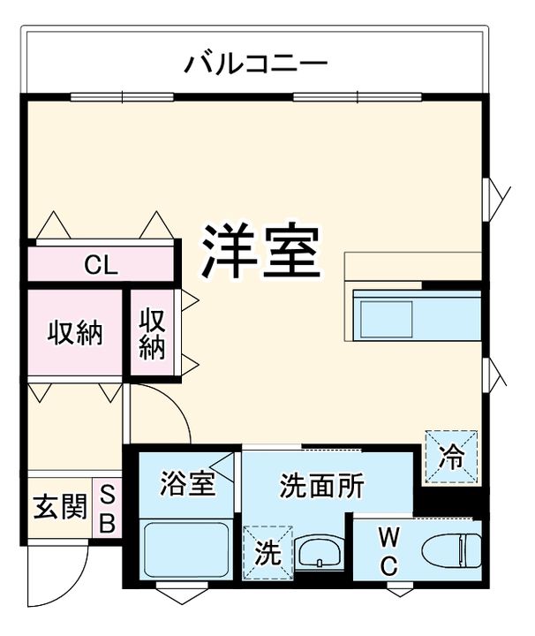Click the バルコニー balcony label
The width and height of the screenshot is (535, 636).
tap(255, 64)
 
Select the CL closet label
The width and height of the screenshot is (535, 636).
tap(101, 263)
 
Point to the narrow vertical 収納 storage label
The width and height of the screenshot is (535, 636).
tap(152, 332)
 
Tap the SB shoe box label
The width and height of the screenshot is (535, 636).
tap(106, 510)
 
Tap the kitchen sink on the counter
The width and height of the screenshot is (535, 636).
tap(384, 315)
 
